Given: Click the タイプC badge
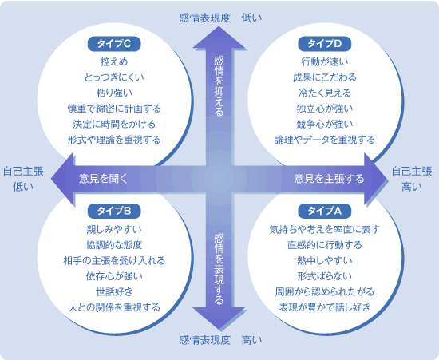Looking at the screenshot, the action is (x=114, y=44).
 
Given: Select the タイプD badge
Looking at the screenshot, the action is (x=325, y=44).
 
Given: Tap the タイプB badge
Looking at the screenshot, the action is (x=114, y=211).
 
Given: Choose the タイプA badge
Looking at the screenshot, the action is (x=325, y=211).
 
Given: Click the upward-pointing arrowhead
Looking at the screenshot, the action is (x=219, y=38).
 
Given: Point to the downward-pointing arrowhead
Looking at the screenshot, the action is (x=219, y=318).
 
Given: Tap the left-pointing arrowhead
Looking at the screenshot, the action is (x=63, y=179).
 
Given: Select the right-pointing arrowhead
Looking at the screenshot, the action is (x=375, y=179).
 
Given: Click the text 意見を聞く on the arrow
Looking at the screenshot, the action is (x=103, y=179).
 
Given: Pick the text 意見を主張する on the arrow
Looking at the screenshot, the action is (x=329, y=179).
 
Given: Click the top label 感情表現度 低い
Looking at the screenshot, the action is (x=220, y=18).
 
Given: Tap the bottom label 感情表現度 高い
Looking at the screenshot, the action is (x=220, y=340).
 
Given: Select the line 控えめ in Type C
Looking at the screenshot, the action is (x=114, y=61).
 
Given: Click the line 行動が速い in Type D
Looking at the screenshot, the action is (x=325, y=61).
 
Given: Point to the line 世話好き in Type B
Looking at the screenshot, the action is (x=114, y=291).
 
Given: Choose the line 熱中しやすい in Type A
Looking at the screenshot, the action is (x=325, y=261).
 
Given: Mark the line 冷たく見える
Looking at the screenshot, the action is (x=325, y=93).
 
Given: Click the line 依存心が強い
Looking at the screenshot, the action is (x=114, y=276).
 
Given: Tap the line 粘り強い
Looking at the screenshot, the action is (x=114, y=93).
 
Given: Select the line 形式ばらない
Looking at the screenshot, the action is (x=325, y=276).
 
